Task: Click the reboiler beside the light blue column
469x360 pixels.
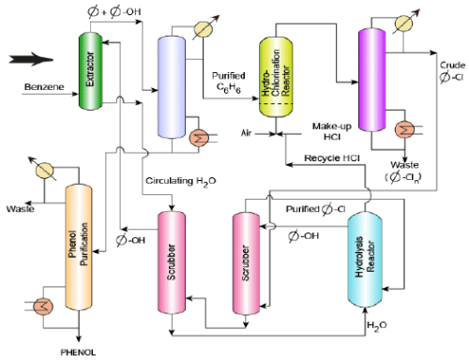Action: pos(199,138)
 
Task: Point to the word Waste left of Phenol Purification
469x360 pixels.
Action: pos(18,209)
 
